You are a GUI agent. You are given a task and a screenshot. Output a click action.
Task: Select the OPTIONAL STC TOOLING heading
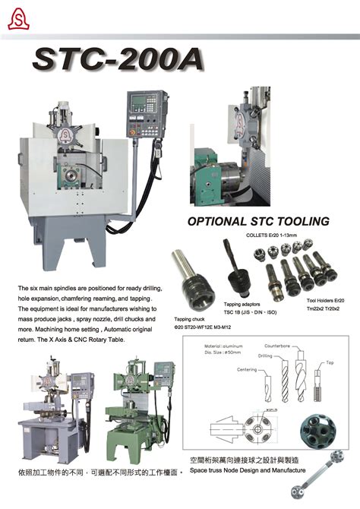coord(258,222)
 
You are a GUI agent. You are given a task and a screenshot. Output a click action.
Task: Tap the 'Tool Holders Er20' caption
coord(327,301)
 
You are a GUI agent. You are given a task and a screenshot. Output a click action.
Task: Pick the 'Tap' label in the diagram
coord(330,362)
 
